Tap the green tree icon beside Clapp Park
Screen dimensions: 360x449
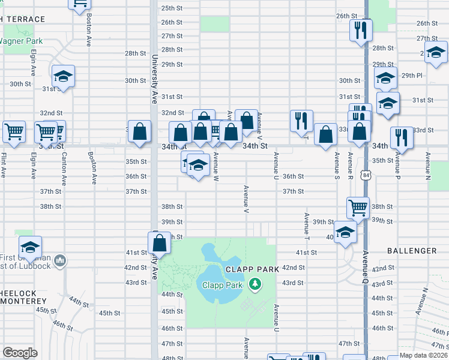[x=256, y=284]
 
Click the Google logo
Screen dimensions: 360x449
[x=19, y=353]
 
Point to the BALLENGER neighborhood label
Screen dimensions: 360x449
[x=412, y=251]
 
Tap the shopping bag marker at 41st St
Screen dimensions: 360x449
[x=159, y=244]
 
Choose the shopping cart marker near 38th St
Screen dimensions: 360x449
[x=358, y=208]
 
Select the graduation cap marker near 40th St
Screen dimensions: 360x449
[x=345, y=233]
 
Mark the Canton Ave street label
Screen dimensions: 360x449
[x=64, y=164]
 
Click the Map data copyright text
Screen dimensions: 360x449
[x=415, y=355]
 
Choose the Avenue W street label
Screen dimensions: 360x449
[x=215, y=163]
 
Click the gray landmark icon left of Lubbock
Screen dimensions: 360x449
[x=59, y=260]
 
